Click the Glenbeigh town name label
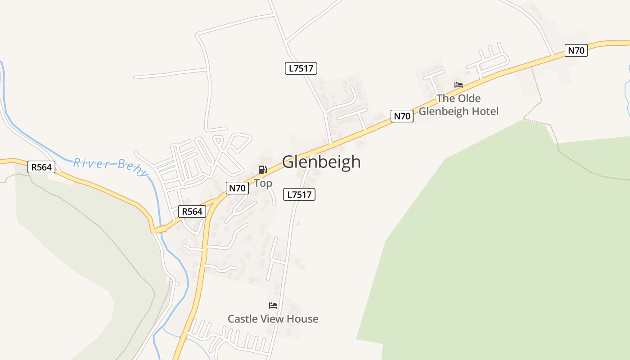click(321, 162)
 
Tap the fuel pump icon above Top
click(262, 170)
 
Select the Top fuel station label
click(263, 183)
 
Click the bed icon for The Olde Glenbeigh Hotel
click(458, 85)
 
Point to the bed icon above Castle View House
click(273, 306)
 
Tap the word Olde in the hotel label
click(469, 98)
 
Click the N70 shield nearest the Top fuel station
click(237, 188)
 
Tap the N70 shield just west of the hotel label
click(402, 116)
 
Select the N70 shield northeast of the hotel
click(576, 50)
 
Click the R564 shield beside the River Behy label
click(41, 167)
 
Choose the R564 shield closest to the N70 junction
click(192, 211)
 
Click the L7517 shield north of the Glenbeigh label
click(301, 68)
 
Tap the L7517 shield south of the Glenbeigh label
click(299, 194)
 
